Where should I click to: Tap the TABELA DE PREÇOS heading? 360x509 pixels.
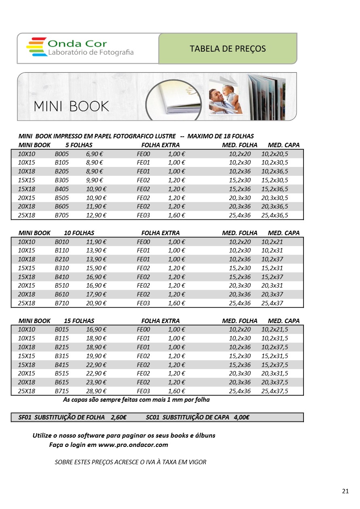click(x=228, y=49)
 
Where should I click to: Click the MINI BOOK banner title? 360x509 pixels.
click(x=71, y=106)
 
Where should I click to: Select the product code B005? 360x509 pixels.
click(x=62, y=154)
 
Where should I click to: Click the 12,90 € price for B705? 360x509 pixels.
click(x=96, y=215)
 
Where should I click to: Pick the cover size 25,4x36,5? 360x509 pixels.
click(x=275, y=215)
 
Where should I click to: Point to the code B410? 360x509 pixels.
click(x=62, y=277)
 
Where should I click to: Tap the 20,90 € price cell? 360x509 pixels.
click(x=96, y=303)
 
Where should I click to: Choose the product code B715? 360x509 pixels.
click(x=62, y=391)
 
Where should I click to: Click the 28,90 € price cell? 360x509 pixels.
click(x=96, y=391)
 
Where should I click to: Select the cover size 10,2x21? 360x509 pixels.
click(x=272, y=242)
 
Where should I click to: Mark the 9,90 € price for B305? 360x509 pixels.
click(x=94, y=180)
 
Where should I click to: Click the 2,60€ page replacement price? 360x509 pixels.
click(x=119, y=417)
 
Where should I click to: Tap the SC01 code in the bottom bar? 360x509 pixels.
click(x=153, y=417)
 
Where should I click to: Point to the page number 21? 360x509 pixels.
click(x=345, y=491)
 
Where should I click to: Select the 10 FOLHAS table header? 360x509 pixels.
click(x=79, y=233)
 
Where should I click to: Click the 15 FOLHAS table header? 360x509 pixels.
click(x=79, y=321)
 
